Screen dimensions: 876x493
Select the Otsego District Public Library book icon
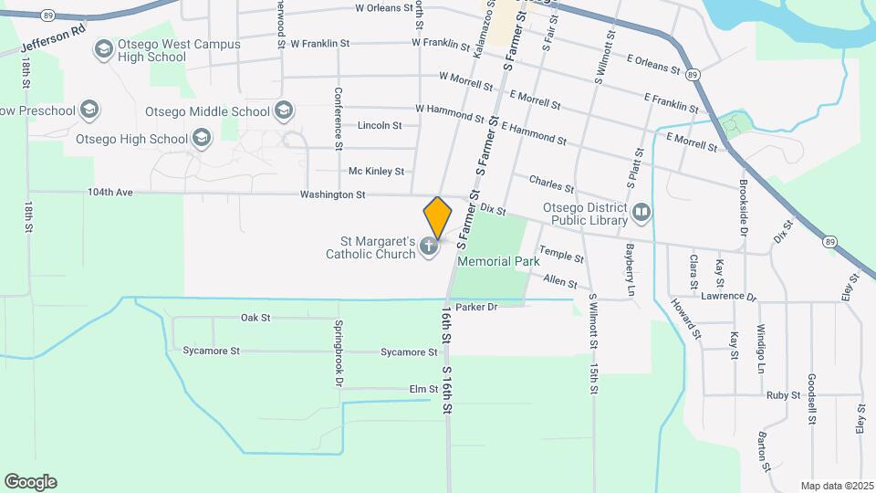(x=642, y=214)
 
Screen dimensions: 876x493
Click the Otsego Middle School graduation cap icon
(x=284, y=111)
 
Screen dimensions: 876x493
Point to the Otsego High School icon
(x=202, y=139)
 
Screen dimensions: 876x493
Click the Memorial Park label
(x=499, y=261)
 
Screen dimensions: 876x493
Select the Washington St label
(x=332, y=194)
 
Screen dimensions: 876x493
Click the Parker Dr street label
(x=476, y=307)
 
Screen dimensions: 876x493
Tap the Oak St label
(x=255, y=318)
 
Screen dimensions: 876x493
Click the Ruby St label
(x=783, y=395)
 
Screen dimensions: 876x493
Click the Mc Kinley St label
(x=376, y=171)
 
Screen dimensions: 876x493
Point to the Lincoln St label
(x=380, y=125)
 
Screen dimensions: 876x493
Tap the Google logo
(x=30, y=482)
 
